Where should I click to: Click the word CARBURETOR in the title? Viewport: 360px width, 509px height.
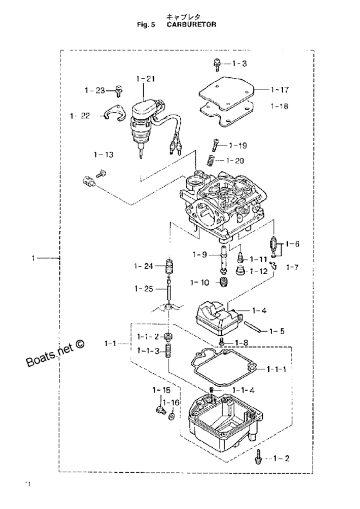click(x=192, y=24)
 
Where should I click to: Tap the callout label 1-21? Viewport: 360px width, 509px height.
click(x=146, y=79)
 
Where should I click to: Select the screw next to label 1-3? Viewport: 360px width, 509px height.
click(x=217, y=65)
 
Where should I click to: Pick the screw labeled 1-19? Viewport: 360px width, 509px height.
click(x=216, y=144)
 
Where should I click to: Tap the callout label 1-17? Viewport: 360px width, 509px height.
click(x=280, y=90)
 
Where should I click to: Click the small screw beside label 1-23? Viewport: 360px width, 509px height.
click(x=119, y=91)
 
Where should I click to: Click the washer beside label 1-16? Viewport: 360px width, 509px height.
click(x=172, y=416)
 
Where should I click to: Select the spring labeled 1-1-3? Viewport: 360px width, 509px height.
click(x=168, y=351)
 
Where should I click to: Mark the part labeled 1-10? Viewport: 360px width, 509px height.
click(x=224, y=282)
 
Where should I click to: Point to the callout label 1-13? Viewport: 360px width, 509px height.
click(x=104, y=155)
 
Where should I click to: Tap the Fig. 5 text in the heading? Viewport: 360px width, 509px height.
click(x=145, y=24)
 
